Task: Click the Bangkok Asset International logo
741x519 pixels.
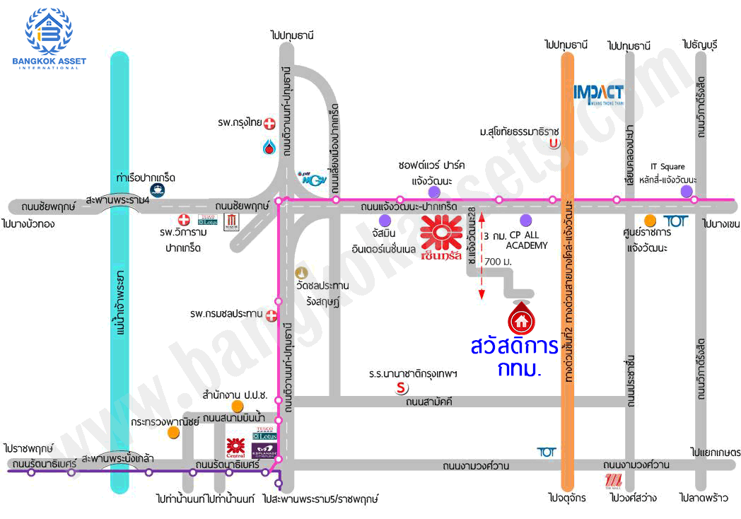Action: click(48, 39)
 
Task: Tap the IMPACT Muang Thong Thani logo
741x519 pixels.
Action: click(598, 93)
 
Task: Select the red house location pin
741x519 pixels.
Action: click(522, 317)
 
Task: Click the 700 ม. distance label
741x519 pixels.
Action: click(498, 262)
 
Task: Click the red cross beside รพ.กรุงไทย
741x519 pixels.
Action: click(269, 123)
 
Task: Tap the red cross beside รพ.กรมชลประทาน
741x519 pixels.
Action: click(271, 319)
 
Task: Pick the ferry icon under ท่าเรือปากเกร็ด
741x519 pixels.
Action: click(155, 189)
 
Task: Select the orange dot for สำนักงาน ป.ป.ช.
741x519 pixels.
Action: click(238, 405)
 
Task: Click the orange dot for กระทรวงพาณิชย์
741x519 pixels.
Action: click(173, 431)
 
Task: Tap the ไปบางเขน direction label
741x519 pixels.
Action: click(720, 223)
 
